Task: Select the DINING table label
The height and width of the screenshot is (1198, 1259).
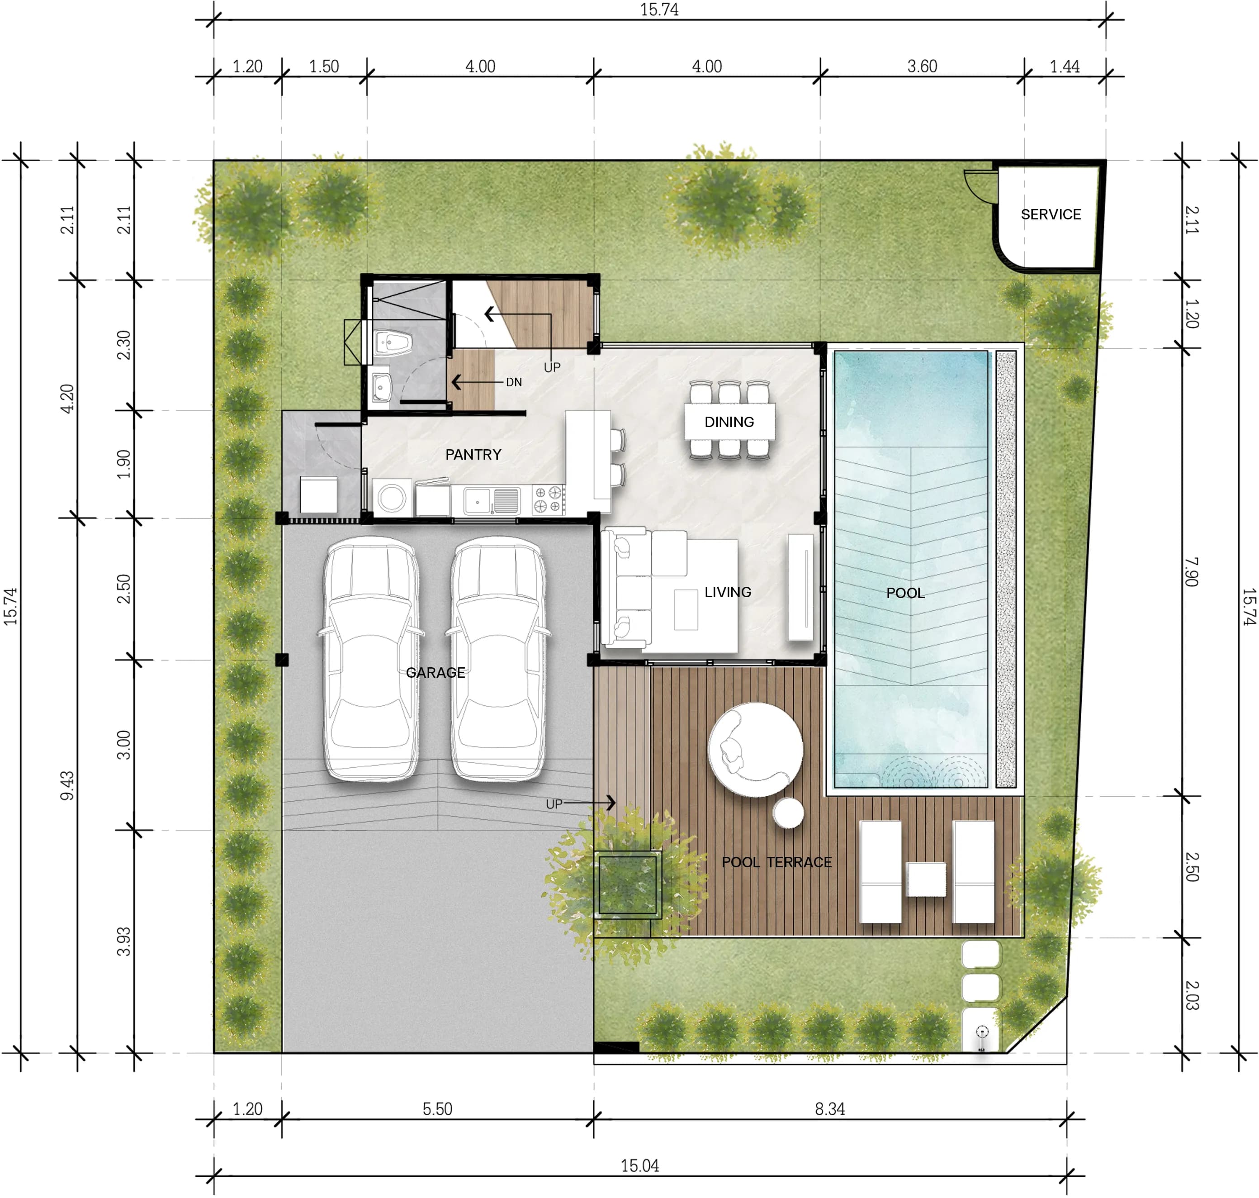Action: [x=729, y=422]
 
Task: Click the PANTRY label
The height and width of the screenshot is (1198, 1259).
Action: [x=473, y=455]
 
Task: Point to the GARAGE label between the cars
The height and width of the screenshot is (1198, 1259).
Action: [x=435, y=672]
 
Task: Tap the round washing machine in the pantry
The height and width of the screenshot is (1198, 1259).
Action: [x=391, y=498]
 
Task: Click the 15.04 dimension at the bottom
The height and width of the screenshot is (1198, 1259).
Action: [x=640, y=1166]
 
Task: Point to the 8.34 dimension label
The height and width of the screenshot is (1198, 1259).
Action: [x=829, y=1109]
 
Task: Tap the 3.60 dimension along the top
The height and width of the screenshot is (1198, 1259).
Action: [x=922, y=67]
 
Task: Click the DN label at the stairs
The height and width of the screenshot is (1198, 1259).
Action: [x=513, y=382]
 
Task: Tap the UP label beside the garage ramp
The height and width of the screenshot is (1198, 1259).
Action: [x=554, y=804]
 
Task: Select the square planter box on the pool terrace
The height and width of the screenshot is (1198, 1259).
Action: [x=628, y=884]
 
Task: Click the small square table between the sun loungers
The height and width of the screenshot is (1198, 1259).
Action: [x=926, y=879]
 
